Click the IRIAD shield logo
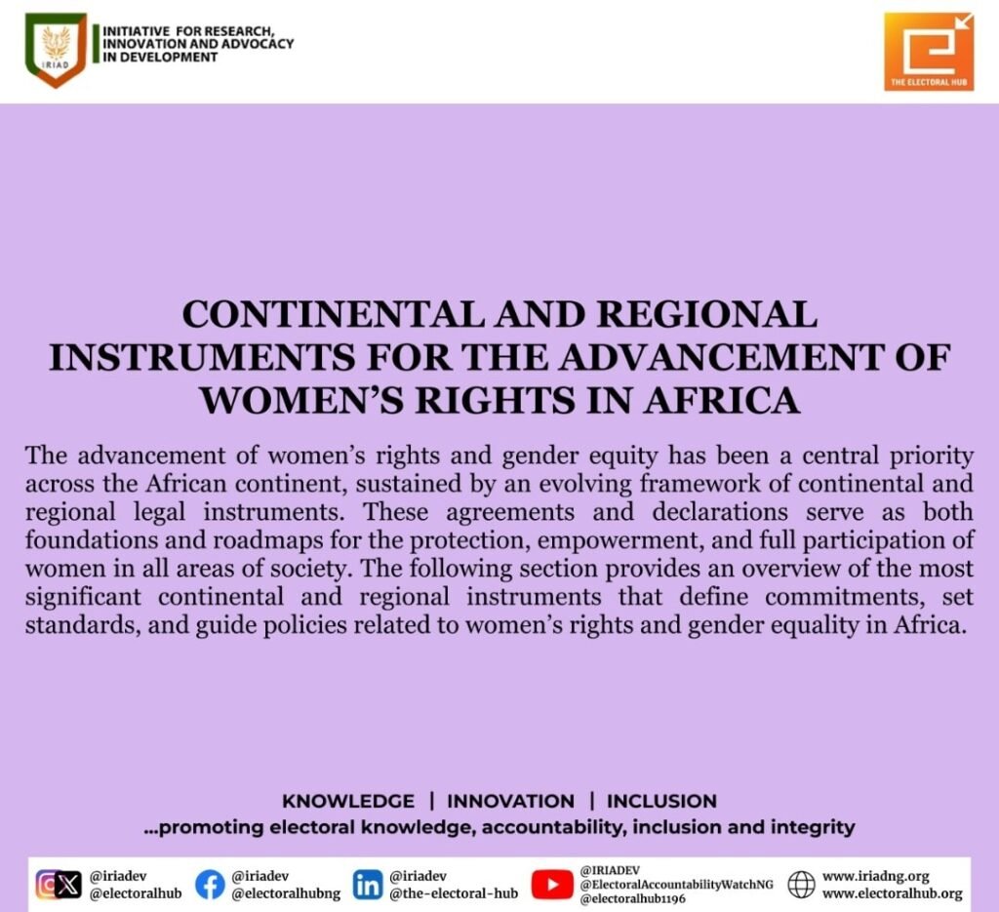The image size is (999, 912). click(x=56, y=51)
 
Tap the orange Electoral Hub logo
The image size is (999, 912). click(x=929, y=51)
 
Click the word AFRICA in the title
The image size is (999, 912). click(x=721, y=401)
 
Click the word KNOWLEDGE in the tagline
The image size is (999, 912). click(x=348, y=801)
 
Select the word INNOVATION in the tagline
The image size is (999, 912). click(x=510, y=801)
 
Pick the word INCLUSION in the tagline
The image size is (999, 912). click(x=661, y=801)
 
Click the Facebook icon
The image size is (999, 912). click(x=210, y=885)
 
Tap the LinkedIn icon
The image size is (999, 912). click(x=368, y=885)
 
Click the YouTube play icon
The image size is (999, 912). click(x=552, y=885)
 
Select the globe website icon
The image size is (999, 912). click(x=801, y=885)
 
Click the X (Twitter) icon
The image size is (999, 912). click(x=67, y=886)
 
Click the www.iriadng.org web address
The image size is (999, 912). click(x=875, y=877)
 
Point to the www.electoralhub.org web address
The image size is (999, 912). click(x=892, y=893)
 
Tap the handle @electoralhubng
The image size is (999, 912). click(x=286, y=893)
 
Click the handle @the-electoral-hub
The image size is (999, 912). click(x=454, y=893)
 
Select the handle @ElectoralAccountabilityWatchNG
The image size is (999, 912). click(x=676, y=885)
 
